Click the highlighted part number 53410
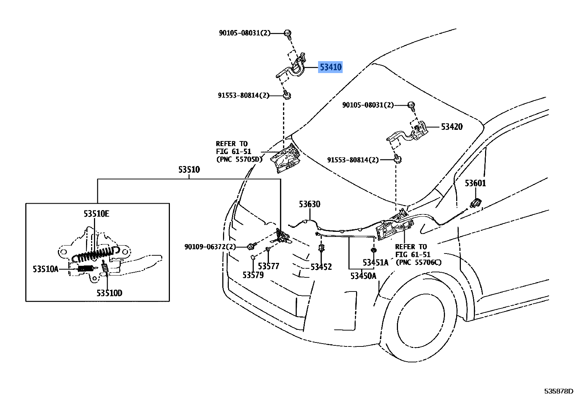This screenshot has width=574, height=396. click(331, 67)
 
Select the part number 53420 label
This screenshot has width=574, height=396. click(452, 127)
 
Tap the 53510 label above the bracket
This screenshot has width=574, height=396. click(189, 169)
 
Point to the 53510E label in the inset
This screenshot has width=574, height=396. click(97, 213)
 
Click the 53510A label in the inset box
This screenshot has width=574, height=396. click(46, 269)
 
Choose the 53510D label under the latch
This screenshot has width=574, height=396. click(110, 293)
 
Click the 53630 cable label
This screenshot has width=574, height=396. click(309, 204)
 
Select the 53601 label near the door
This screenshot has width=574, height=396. click(475, 183)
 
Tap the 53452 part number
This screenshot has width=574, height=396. click(321, 267)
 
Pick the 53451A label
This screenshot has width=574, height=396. click(376, 263)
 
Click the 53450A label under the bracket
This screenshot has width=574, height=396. click(363, 276)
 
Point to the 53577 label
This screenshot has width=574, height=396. click(268, 266)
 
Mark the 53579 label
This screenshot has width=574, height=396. click(253, 275)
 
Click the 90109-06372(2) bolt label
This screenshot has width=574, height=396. click(210, 247)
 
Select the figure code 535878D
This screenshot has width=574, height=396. click(558, 391)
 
